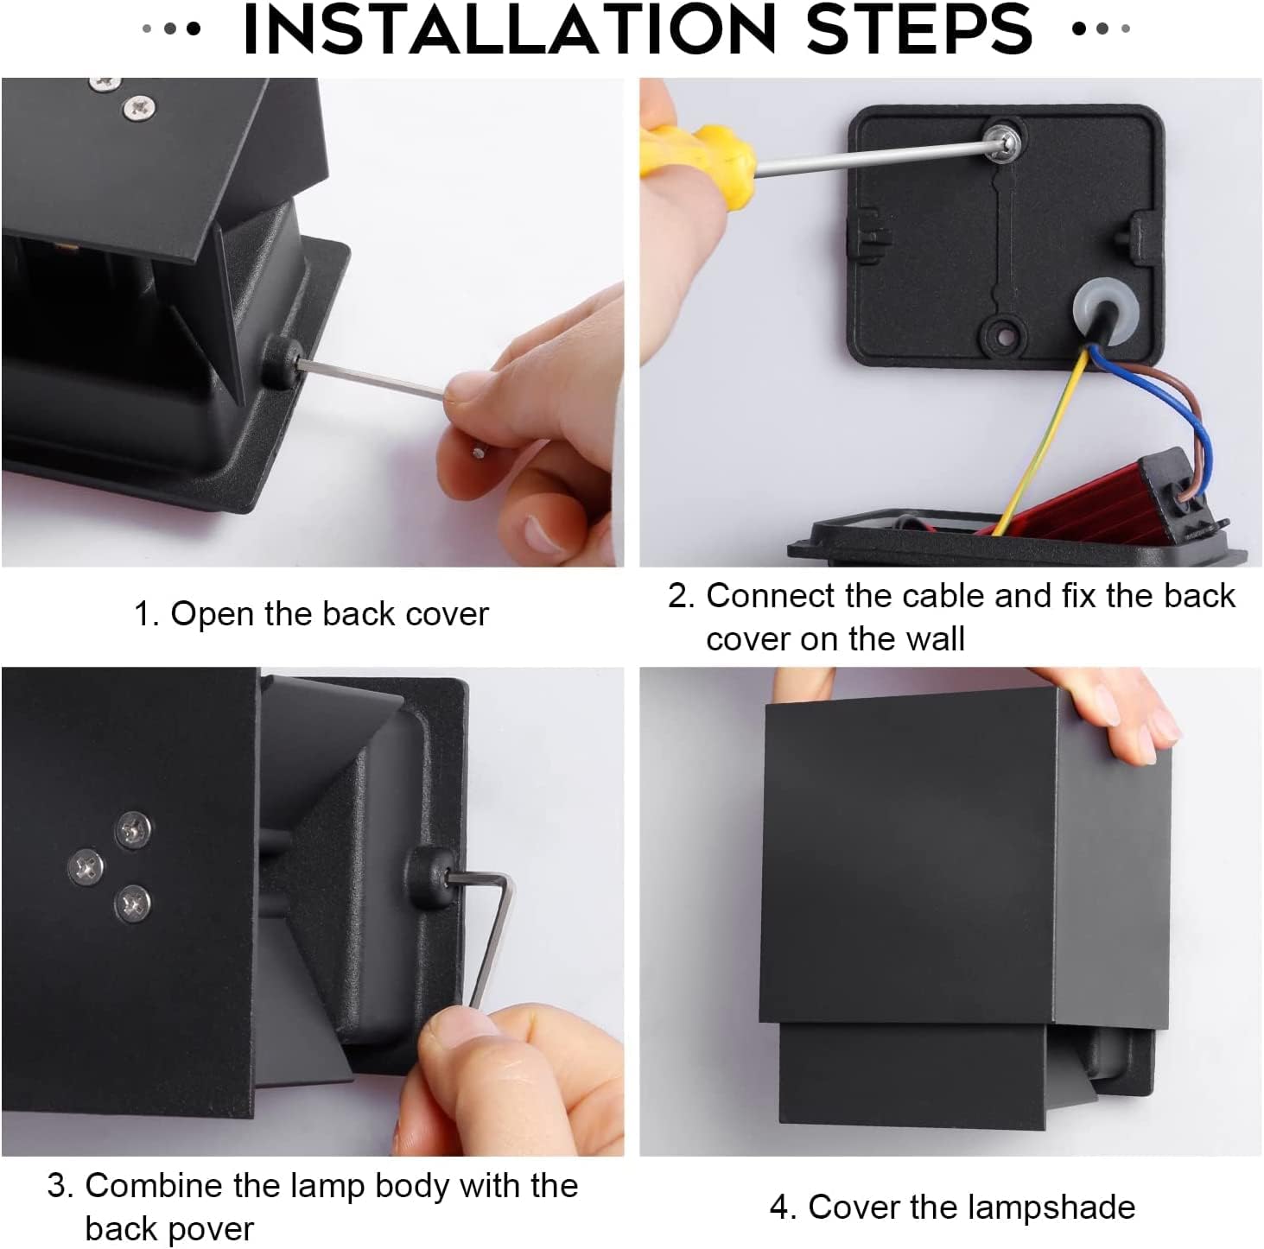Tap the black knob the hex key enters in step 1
click(282, 362)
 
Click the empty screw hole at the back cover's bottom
click(1004, 337)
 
